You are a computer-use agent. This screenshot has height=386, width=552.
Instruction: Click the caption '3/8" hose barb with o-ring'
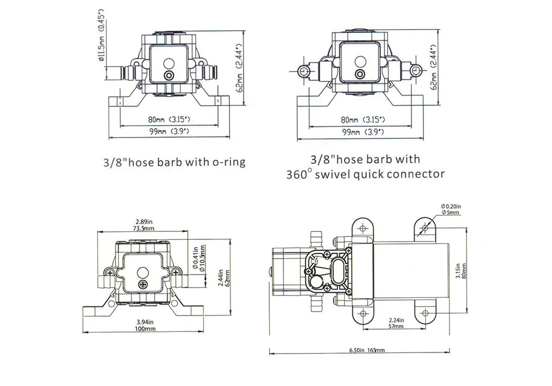(174, 162)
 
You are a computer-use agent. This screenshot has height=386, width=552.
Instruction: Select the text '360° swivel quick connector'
(365, 174)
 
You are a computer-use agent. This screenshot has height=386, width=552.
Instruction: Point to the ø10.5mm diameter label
(201, 259)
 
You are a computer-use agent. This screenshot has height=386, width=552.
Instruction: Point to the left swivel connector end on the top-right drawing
(305, 71)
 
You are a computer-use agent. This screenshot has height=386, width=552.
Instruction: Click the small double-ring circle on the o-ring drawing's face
(168, 76)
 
